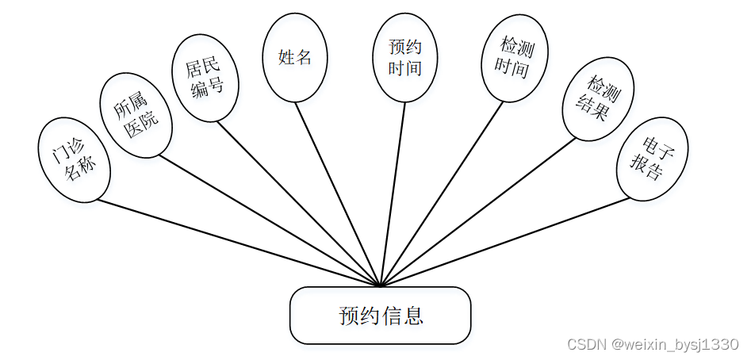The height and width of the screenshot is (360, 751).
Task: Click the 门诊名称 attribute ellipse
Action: (x=74, y=160)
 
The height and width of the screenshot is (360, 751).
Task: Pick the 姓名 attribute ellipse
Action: (x=295, y=57)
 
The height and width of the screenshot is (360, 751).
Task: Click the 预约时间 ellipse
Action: (x=405, y=58)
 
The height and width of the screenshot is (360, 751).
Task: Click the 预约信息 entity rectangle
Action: (x=381, y=316)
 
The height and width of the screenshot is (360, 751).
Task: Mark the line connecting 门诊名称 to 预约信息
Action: (x=238, y=243)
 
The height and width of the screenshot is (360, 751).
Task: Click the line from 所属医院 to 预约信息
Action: (x=270, y=220)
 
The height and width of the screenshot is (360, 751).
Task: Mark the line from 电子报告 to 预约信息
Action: (x=505, y=241)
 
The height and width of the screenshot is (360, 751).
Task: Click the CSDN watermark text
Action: (x=653, y=345)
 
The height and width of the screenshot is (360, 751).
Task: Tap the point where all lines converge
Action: (x=381, y=285)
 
